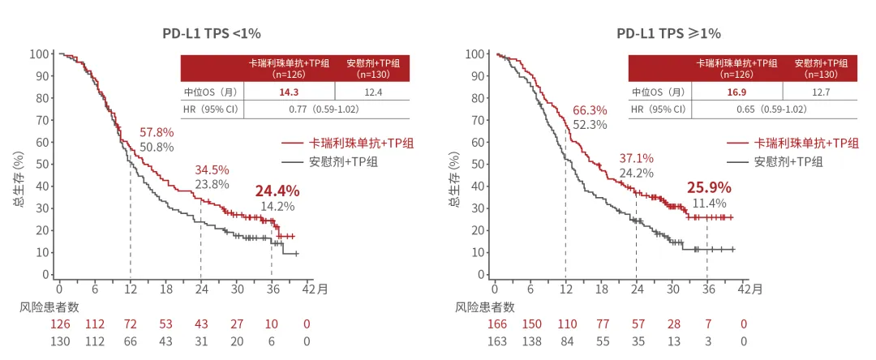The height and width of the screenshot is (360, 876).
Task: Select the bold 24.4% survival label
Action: coord(277,191)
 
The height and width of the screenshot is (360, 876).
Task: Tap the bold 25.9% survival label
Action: coord(709,187)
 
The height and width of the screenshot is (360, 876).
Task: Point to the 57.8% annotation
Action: coord(157,132)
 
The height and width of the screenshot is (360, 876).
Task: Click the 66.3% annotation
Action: coord(590,110)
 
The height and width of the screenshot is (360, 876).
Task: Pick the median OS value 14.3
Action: coord(289,92)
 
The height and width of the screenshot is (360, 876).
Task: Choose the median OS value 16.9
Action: coord(736,92)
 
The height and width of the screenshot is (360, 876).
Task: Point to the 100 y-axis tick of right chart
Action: coord(476,54)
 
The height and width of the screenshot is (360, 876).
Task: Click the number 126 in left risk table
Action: coord(60,324)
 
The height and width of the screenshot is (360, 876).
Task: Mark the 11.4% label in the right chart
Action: coord(709,204)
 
